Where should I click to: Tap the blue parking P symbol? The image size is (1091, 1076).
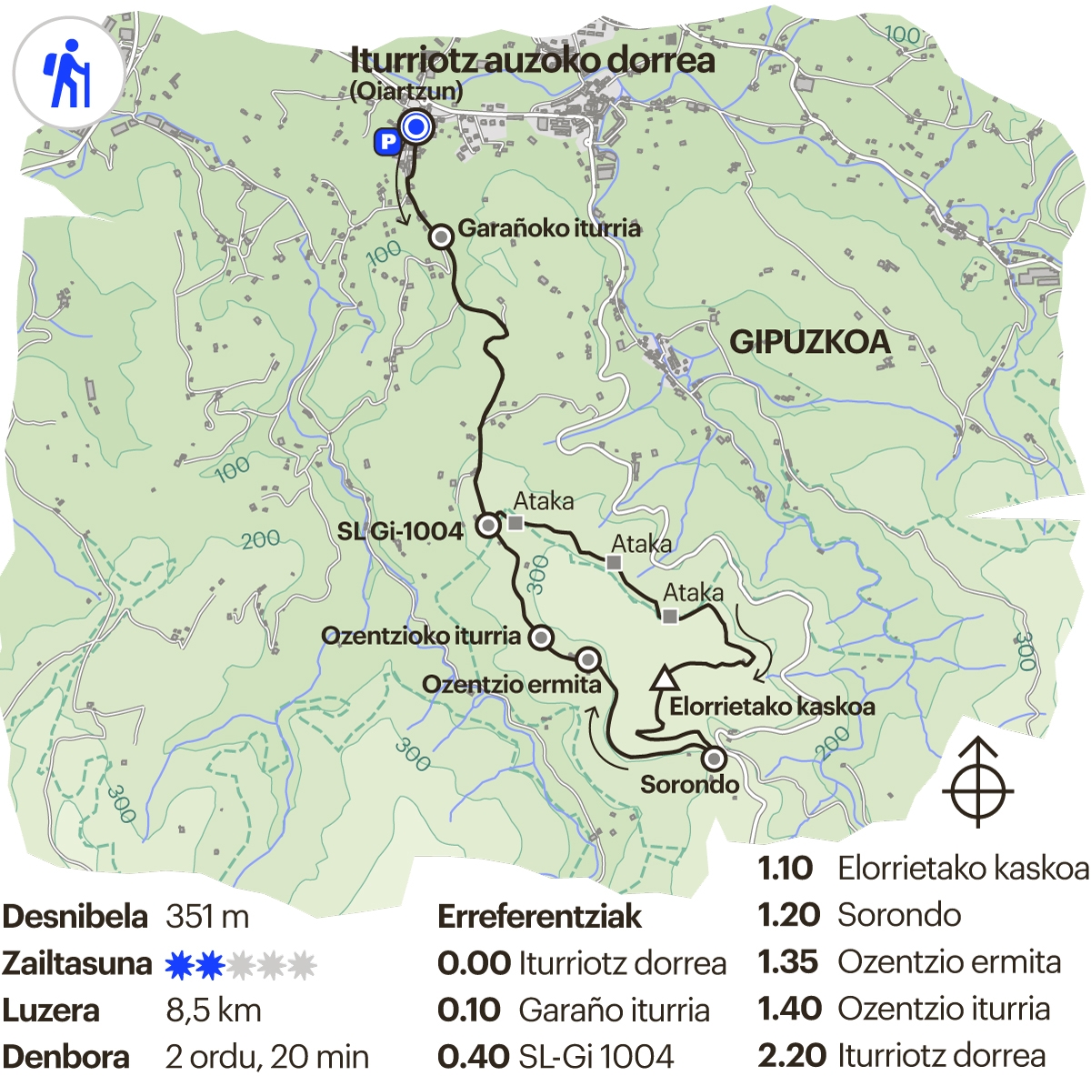point(387,142)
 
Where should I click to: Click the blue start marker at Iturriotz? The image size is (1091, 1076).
point(416,127)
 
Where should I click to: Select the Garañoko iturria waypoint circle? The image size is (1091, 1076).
point(441,237)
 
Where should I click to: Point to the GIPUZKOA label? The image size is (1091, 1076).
point(810,342)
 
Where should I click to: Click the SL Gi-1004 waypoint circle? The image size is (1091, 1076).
point(488,525)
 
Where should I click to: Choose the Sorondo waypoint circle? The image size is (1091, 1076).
point(715,758)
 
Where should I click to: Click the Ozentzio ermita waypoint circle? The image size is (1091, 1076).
point(588,659)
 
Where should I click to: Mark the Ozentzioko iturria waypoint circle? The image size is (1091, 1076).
point(541,638)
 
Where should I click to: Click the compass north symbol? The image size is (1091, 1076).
point(977,783)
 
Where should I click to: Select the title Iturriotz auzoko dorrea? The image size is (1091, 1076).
point(533,61)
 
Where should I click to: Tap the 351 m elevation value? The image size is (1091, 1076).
point(207,916)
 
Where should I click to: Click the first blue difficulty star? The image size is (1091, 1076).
point(180,964)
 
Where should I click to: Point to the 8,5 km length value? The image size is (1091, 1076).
point(214,1011)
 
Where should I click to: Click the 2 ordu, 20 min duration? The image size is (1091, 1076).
point(267,1057)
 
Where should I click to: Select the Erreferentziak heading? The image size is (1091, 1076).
point(539,916)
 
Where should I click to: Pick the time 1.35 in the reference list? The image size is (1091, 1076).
point(787,962)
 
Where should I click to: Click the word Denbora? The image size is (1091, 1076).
point(65,1057)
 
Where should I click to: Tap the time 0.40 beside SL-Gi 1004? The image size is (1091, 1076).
point(473,1057)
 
